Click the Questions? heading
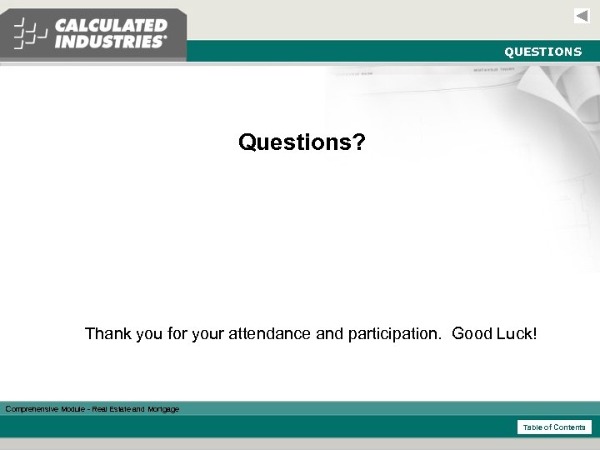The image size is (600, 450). click(x=302, y=142)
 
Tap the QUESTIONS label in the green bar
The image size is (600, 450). click(x=542, y=52)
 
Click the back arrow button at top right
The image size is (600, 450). click(x=582, y=16)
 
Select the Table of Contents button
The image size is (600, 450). click(x=554, y=427)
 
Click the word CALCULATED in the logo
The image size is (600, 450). click(x=111, y=26)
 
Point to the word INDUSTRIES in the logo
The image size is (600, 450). click(x=110, y=42)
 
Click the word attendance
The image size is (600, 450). click(x=270, y=334)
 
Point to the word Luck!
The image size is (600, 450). click(x=517, y=334)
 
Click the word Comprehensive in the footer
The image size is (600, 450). click(x=32, y=409)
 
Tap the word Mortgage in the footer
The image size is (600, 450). click(x=163, y=409)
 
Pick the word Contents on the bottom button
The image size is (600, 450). click(x=570, y=427)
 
